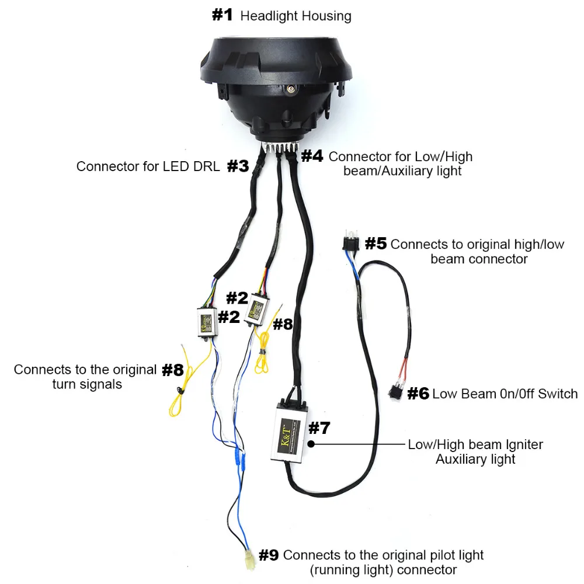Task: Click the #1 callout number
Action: [x=223, y=15]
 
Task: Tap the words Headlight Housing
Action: [x=296, y=16]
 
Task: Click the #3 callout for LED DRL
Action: [x=238, y=166]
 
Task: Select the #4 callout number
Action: [x=312, y=157]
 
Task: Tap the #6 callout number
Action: [x=418, y=393]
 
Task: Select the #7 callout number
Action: [x=319, y=428]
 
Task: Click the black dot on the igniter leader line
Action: [x=312, y=444]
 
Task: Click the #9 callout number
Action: [x=269, y=555]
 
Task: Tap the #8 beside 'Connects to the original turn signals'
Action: [x=172, y=370]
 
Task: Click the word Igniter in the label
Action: [x=522, y=444]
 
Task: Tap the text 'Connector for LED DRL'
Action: [x=148, y=166]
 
